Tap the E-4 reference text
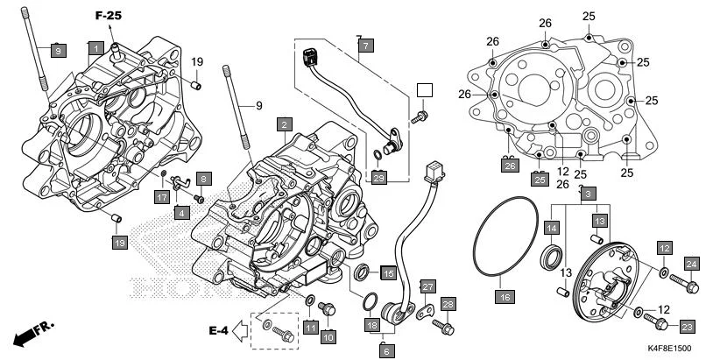pos(218,330)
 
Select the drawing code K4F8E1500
pos(681,348)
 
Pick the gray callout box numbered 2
pos(285,125)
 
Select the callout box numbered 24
pos(691,265)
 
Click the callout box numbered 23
pos(686,327)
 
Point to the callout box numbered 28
pos(448,304)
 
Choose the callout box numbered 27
pos(427,286)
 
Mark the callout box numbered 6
pos(385,349)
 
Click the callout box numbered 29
pos(378,178)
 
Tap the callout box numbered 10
pos(328,335)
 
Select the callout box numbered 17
pos(162,198)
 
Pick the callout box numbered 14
pos(551,228)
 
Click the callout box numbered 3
pos(588,193)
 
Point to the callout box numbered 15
pos(387,272)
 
